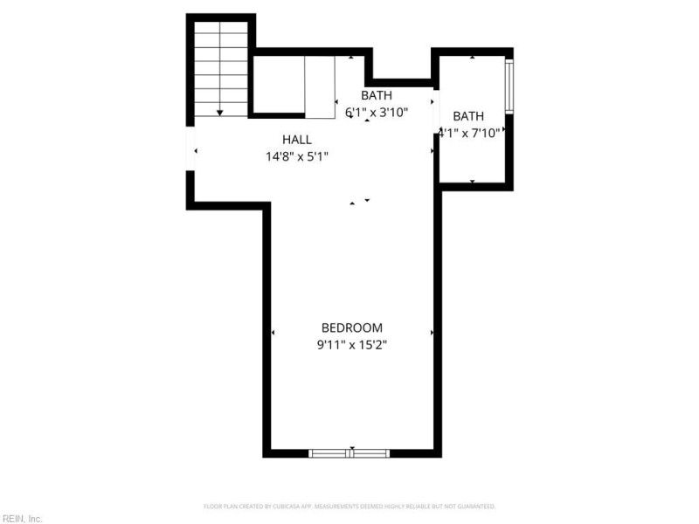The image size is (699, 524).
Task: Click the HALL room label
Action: pyautogui.click(x=296, y=140)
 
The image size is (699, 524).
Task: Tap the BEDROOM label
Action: pyautogui.click(x=351, y=327)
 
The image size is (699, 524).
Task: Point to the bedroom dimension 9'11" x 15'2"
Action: pyautogui.click(x=351, y=345)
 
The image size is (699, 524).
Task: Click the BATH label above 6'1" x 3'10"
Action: pyautogui.click(x=377, y=95)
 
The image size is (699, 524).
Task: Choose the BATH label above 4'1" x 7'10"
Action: pyautogui.click(x=468, y=116)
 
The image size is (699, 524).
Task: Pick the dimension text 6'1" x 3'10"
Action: pyautogui.click(x=377, y=112)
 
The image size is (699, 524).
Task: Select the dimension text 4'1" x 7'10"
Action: pyautogui.click(x=469, y=133)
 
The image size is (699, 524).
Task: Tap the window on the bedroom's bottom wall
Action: pyautogui.click(x=349, y=452)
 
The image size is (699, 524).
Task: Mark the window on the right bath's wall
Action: pyautogui.click(x=509, y=85)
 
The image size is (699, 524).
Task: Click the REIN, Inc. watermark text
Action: pyautogui.click(x=22, y=518)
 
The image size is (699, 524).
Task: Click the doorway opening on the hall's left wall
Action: pyautogui.click(x=190, y=150)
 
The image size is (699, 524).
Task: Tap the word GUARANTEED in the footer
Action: pyautogui.click(x=474, y=507)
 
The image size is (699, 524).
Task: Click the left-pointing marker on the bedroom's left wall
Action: pyautogui.click(x=273, y=333)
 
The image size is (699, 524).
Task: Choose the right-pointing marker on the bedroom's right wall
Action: pyautogui.click(x=432, y=333)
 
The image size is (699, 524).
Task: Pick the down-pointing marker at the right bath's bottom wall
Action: pyautogui.click(x=473, y=182)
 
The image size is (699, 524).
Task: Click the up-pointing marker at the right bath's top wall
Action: pyautogui.click(x=473, y=57)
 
